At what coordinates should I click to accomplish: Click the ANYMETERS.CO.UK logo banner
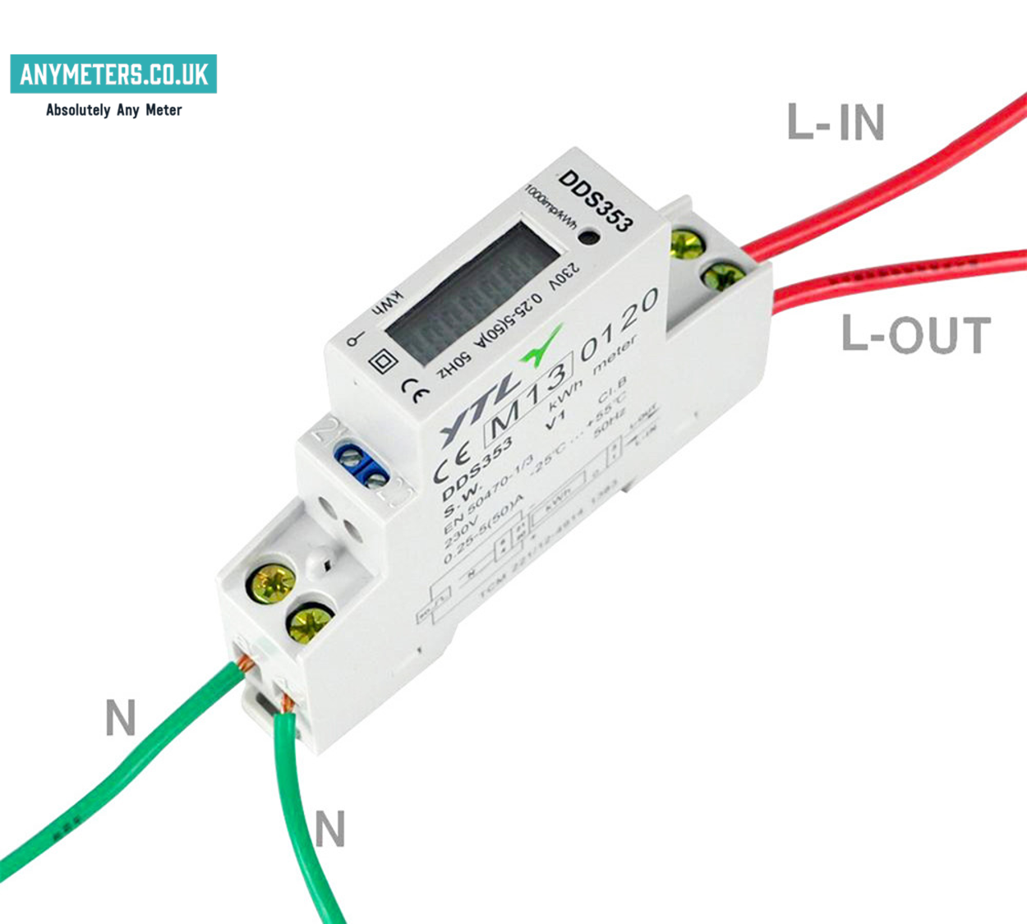point(113,74)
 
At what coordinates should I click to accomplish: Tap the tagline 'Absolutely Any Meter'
point(113,110)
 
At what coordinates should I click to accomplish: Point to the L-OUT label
point(915,335)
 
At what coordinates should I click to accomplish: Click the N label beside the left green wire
point(120,718)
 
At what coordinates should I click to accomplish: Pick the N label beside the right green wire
point(329,829)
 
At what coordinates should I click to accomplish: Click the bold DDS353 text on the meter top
point(596,201)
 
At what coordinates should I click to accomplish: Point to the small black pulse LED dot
point(588,238)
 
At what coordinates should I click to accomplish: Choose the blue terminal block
point(362,466)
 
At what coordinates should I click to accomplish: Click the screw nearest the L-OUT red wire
point(724,275)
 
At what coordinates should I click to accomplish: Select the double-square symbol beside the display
point(382,361)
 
